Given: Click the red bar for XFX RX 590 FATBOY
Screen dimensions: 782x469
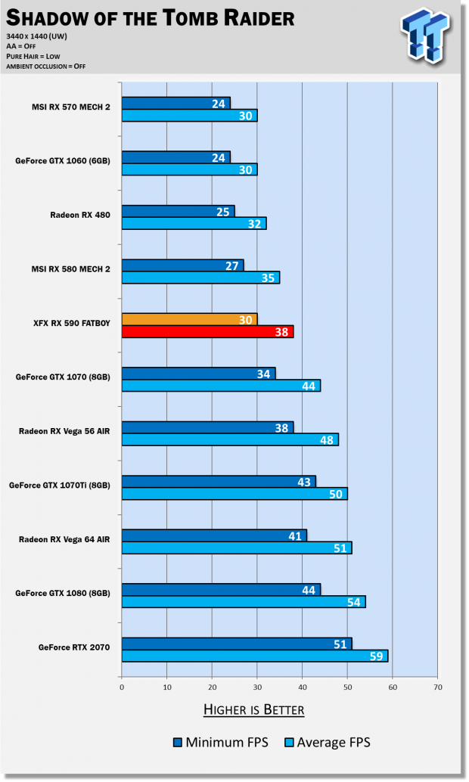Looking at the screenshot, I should (207, 331).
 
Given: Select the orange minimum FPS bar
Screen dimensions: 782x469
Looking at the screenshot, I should (189, 319).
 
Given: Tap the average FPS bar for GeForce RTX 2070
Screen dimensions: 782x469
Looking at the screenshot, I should (254, 656).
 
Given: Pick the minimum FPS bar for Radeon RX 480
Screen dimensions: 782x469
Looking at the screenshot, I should (178, 211).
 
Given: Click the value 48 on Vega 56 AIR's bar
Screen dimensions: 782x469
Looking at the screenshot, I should (328, 439).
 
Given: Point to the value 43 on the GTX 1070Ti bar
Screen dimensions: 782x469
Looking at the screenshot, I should (305, 481).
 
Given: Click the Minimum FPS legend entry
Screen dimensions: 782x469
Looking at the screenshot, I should (219, 743).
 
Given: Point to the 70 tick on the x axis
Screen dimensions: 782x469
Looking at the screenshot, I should (437, 687).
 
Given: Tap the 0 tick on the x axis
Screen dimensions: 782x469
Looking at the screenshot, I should (122, 687).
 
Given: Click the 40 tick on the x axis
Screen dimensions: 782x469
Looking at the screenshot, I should (302, 687).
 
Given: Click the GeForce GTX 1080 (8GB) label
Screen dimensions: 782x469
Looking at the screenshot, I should (63, 593).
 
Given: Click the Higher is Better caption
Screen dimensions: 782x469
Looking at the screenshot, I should (253, 709).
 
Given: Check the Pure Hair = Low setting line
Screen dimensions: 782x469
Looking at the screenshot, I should (33, 55).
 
